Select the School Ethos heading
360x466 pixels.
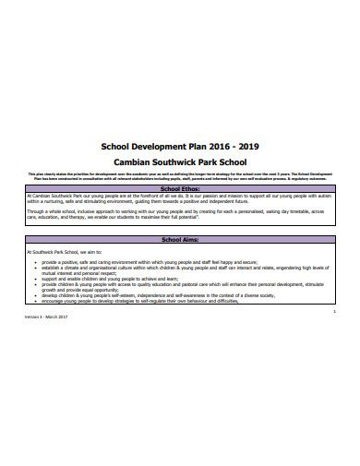180,188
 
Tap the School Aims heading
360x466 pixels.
180,241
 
